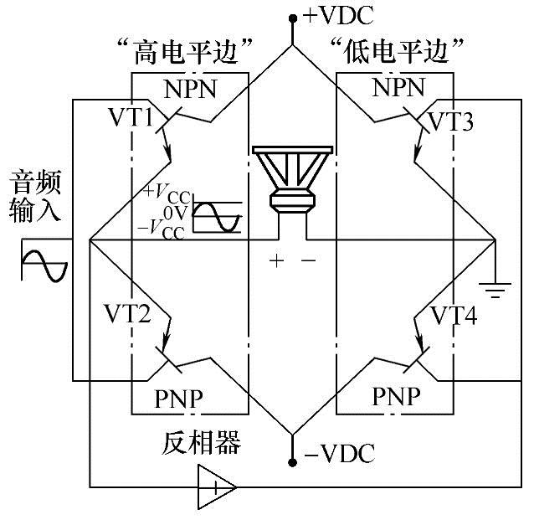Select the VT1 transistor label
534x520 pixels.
[x=130, y=118]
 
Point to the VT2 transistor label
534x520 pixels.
[x=128, y=315]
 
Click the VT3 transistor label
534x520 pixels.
[x=450, y=123]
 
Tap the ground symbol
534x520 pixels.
[x=498, y=291]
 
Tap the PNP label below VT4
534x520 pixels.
[x=397, y=395]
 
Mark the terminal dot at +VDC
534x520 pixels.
[x=293, y=17]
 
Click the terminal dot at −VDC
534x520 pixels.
[x=293, y=461]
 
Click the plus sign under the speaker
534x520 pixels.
[x=276, y=260]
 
